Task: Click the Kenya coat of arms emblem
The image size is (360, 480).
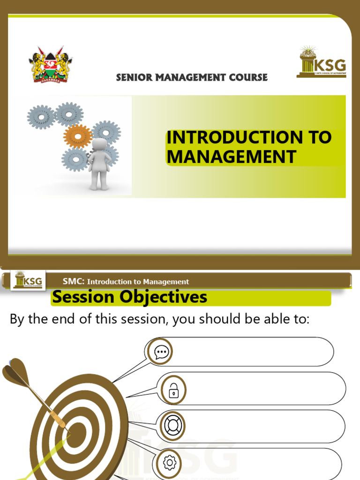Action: [x=51, y=64]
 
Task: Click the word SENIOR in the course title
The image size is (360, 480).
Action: [x=133, y=78]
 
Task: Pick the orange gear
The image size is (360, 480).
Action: [x=78, y=136]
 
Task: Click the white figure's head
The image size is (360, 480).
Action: [x=99, y=145]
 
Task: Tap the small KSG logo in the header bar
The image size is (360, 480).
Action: [x=28, y=280]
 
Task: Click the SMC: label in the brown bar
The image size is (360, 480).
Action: [x=74, y=281]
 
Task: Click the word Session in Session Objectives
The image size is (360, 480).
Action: [x=83, y=297]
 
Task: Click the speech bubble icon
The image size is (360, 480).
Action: [x=161, y=352]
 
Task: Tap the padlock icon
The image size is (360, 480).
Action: [x=173, y=389]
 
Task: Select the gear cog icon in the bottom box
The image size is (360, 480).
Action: [x=169, y=463]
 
